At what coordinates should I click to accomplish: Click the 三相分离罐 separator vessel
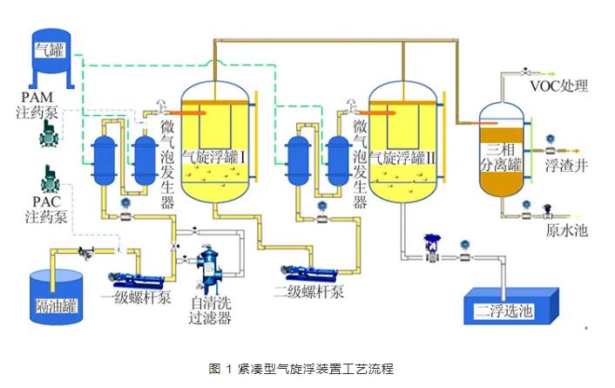503,153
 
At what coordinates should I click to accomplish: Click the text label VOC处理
558,86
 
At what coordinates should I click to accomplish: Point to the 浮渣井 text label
567,163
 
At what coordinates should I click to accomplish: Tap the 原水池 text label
567,230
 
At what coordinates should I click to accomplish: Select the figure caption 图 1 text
307,367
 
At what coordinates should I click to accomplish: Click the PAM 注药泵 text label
41,102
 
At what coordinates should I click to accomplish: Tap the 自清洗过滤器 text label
210,310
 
